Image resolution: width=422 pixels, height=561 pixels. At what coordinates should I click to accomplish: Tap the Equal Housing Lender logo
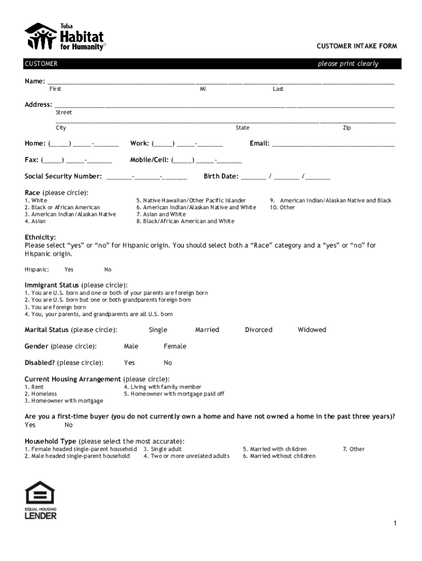(41, 499)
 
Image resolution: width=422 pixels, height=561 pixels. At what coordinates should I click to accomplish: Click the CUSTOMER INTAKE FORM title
(356, 45)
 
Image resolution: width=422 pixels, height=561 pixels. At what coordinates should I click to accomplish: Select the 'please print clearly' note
(348, 64)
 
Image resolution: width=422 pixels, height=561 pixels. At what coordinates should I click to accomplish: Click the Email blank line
(333, 145)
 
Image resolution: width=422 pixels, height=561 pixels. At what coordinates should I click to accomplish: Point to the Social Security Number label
(63, 176)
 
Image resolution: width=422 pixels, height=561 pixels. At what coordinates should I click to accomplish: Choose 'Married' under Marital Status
(207, 330)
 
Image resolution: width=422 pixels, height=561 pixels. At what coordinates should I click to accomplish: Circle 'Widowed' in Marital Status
(312, 330)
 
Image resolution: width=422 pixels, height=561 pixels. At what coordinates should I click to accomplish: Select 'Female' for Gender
(175, 346)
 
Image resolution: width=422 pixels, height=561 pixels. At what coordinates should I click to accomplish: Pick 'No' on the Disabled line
(168, 363)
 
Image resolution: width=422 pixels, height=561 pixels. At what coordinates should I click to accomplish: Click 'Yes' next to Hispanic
(69, 270)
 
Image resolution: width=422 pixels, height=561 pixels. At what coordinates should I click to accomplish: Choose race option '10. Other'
(282, 208)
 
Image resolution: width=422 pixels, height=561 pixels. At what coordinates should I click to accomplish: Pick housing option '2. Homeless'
(41, 394)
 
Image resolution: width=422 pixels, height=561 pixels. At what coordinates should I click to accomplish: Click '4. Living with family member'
(163, 387)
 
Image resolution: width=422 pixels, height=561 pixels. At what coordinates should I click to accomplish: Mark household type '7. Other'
(353, 449)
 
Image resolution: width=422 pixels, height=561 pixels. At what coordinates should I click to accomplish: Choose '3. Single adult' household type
(163, 449)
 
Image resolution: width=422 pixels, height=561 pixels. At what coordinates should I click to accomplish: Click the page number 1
(394, 524)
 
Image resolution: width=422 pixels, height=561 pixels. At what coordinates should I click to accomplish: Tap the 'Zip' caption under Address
(347, 128)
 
